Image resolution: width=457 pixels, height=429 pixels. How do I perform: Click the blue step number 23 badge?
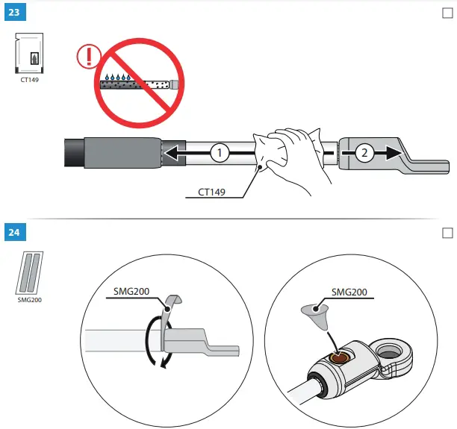[x=13, y=13]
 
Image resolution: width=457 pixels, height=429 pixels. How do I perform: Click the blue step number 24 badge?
[x=13, y=233]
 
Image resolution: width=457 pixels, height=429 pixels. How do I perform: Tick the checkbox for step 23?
[x=447, y=13]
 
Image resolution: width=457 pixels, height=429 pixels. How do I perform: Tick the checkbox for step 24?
[x=447, y=233]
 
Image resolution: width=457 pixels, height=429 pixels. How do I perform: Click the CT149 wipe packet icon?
[x=29, y=53]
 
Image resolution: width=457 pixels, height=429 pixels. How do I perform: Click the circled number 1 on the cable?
[x=218, y=153]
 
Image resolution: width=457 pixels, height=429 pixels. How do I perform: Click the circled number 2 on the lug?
[x=364, y=152]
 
